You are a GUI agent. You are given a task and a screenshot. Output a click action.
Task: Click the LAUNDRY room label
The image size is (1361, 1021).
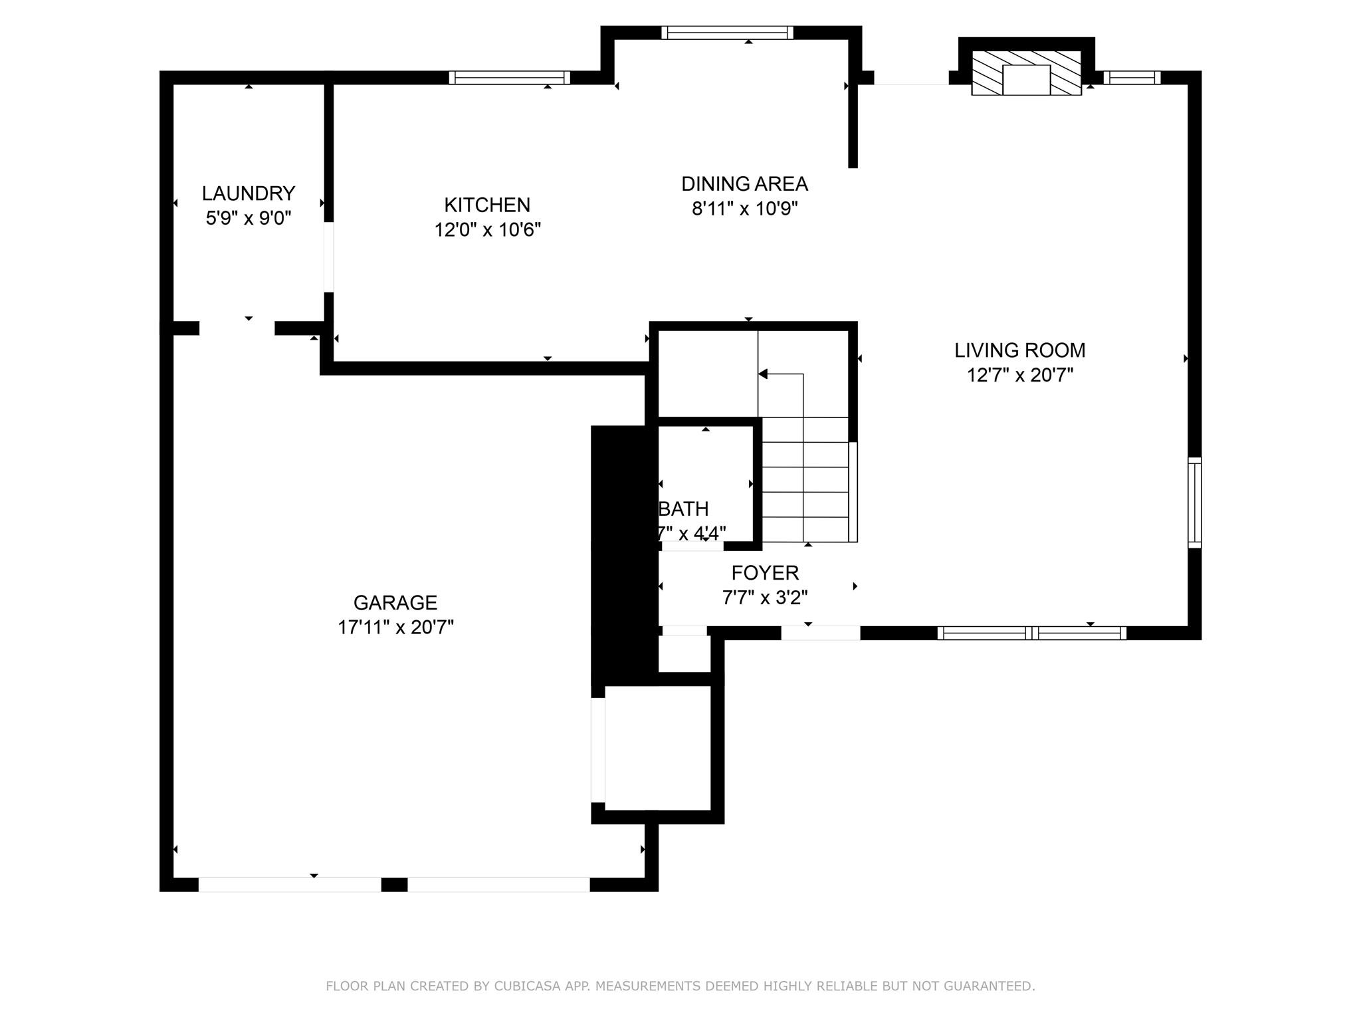click(x=248, y=193)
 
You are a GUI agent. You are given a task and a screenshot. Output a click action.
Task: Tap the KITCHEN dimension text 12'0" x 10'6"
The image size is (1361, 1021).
click(x=487, y=230)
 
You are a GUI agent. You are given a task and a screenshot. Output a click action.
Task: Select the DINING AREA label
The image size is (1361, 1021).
click(x=744, y=183)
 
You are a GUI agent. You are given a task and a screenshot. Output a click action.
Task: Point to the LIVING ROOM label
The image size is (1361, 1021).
click(x=1019, y=350)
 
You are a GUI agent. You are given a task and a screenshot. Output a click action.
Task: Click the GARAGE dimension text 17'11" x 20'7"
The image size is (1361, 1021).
click(x=395, y=627)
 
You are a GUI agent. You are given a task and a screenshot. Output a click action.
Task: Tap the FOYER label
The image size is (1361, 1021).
click(x=765, y=572)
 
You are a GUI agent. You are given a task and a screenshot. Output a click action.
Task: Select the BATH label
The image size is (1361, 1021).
click(x=684, y=509)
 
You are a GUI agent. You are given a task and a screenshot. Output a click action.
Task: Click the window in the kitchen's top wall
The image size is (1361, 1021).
click(x=510, y=78)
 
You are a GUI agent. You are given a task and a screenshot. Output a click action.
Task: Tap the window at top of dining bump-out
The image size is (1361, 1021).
click(x=727, y=33)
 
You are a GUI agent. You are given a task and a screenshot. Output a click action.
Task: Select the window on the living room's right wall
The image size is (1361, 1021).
click(x=1194, y=503)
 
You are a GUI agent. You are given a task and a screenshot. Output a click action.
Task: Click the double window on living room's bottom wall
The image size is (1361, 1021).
click(x=1031, y=633)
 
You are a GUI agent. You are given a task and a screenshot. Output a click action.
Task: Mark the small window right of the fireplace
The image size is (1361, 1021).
click(x=1132, y=78)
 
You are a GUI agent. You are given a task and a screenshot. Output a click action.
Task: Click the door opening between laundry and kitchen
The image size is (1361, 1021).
click(x=328, y=257)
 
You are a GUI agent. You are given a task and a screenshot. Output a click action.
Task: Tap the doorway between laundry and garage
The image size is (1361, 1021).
click(x=237, y=328)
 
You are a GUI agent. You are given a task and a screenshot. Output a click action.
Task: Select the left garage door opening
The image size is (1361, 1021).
click(x=290, y=884)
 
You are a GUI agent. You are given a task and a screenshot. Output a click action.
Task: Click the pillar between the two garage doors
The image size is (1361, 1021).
click(x=394, y=884)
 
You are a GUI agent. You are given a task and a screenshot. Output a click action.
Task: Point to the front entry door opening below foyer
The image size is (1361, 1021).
click(x=820, y=633)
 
